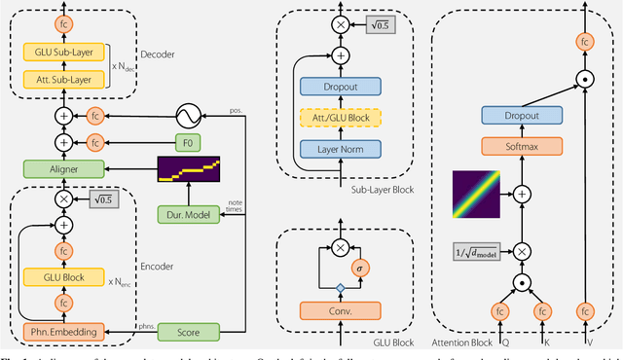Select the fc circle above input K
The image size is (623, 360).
(542, 313)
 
